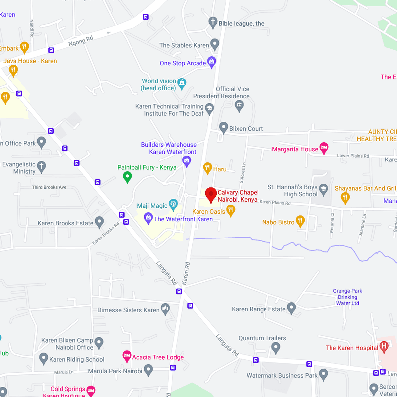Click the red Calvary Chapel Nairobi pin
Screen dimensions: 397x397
pyautogui.click(x=211, y=194)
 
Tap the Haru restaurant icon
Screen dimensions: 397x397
pyautogui.click(x=208, y=168)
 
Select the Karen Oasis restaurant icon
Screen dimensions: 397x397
pyautogui.click(x=231, y=211)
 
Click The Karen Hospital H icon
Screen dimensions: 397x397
pyautogui.click(x=383, y=347)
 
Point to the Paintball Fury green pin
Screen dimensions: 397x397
pyautogui.click(x=127, y=176)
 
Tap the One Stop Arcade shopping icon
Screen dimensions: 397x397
pyautogui.click(x=212, y=62)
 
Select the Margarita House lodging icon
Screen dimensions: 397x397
pyautogui.click(x=324, y=147)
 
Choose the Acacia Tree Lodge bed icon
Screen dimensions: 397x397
pyautogui.click(x=127, y=356)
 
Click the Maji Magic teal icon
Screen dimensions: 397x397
pyautogui.click(x=173, y=204)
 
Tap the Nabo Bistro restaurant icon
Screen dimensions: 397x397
pyautogui.click(x=300, y=221)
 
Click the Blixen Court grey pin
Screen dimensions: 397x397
pyautogui.click(x=223, y=128)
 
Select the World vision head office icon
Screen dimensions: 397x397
pyautogui.click(x=182, y=82)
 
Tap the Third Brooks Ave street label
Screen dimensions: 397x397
pyautogui.click(x=49, y=187)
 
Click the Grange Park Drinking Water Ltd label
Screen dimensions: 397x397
pyautogui.click(x=347, y=297)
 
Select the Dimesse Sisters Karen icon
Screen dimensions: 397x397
pyautogui.click(x=166, y=309)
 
